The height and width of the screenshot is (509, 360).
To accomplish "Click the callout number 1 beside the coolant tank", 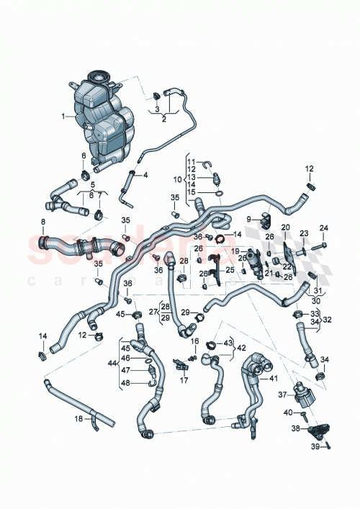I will (63, 116).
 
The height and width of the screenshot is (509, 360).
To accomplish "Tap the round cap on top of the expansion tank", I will (96, 76).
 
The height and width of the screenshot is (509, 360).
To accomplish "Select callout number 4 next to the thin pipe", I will (145, 175).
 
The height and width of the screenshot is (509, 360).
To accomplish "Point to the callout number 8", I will (44, 222).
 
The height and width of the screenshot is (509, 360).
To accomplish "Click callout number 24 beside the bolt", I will (323, 228).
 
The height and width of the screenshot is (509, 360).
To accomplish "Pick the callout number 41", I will (272, 378).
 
